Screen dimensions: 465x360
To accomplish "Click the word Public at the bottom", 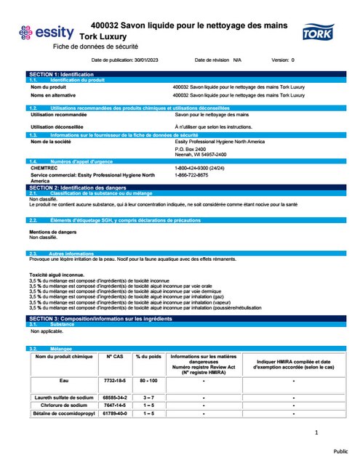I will pyautogui.click(x=342, y=450).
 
